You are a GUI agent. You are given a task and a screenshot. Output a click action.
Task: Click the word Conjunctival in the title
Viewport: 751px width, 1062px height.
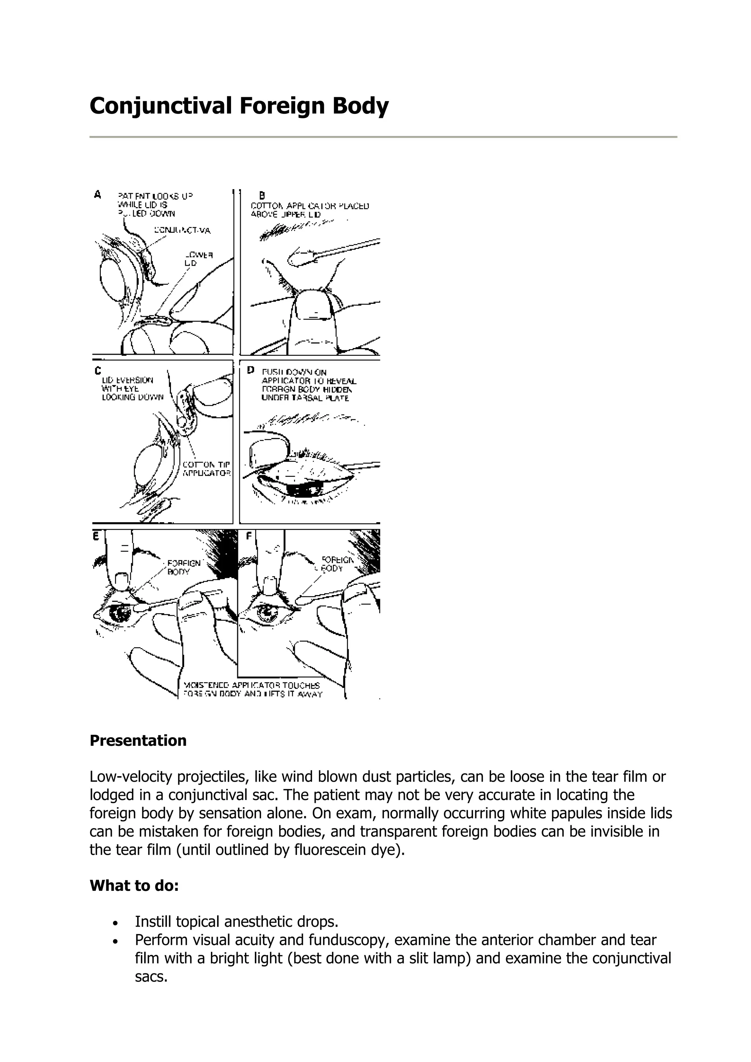coord(160,106)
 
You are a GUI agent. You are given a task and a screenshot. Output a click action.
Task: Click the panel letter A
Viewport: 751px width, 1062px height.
coord(97,195)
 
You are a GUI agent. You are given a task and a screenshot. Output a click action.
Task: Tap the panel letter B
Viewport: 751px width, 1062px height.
coord(262,196)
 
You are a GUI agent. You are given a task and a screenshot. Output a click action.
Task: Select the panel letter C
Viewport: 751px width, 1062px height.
coord(97,370)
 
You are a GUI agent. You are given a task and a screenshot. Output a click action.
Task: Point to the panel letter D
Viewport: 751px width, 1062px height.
coord(251,370)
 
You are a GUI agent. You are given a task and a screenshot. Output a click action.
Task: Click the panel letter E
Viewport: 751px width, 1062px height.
coord(96,536)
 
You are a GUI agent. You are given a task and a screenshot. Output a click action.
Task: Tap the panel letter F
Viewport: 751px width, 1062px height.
coord(249,536)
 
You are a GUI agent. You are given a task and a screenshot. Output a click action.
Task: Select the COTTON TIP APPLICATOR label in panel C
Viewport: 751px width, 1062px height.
coord(206,469)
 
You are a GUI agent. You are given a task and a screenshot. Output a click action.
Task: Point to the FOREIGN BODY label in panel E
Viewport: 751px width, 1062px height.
coord(183,567)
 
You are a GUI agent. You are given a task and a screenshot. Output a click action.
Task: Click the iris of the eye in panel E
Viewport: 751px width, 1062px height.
coord(121,614)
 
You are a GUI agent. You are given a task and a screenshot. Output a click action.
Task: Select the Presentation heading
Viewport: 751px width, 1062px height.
coord(138,741)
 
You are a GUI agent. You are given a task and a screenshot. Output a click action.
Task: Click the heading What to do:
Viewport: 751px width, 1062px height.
coord(134,885)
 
